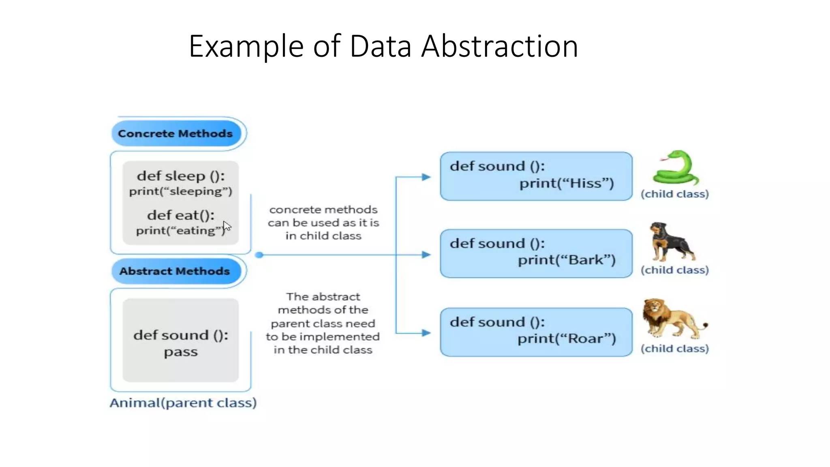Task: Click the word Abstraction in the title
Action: pos(499,46)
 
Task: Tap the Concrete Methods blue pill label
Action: pos(175,133)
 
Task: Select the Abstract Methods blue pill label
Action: pos(175,271)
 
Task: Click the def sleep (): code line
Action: pos(181,176)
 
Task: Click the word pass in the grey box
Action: pos(181,352)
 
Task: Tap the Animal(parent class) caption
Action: pos(183,403)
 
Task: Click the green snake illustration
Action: pos(676,168)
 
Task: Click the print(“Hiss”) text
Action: pos(567,183)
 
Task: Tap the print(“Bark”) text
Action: pos(567,260)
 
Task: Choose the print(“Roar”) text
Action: pos(567,338)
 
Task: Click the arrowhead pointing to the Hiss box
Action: pos(426,177)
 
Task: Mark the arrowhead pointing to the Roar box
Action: pos(426,333)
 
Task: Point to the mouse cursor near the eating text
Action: pos(227,226)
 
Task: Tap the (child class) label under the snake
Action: pos(674,194)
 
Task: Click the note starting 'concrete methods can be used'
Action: pos(323,223)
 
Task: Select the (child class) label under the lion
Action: pos(674,349)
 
